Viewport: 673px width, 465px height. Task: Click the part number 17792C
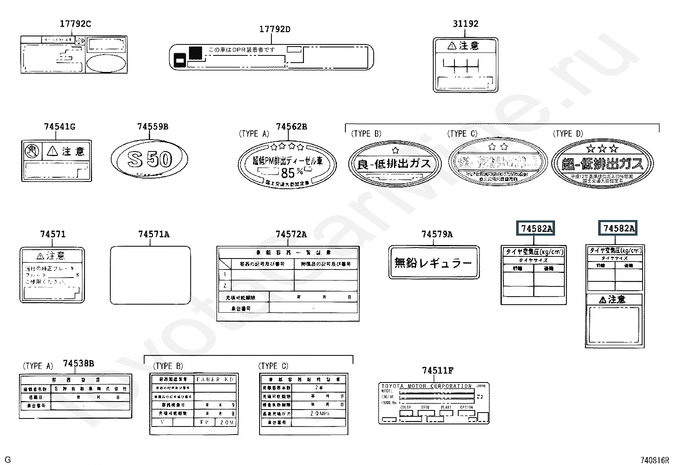75,24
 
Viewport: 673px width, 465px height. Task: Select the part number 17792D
274,29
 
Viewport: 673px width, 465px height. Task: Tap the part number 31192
465,24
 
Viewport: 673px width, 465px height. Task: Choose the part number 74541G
60,127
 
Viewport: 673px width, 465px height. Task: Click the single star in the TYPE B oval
395,150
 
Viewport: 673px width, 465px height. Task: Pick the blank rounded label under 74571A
150,275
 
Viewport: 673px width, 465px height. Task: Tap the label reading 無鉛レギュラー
434,263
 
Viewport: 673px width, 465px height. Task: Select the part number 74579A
437,234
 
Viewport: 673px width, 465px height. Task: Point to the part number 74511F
438,371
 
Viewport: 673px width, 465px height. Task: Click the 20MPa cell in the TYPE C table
318,413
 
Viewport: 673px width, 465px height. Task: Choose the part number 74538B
78,363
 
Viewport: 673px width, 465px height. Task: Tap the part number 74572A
291,234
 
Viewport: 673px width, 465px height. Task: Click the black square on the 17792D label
195,52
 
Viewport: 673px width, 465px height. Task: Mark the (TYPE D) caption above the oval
568,134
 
